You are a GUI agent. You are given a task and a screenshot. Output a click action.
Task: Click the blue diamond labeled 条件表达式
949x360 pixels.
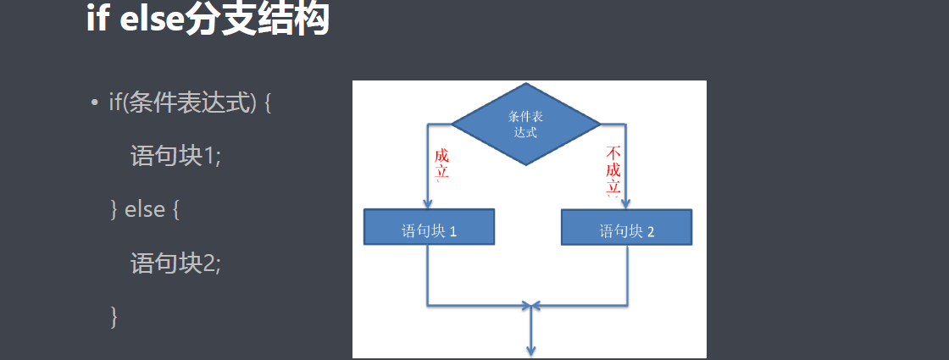(525, 124)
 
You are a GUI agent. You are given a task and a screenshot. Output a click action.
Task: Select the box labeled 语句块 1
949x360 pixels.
(429, 227)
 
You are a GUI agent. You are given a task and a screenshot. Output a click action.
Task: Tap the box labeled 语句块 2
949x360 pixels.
(627, 228)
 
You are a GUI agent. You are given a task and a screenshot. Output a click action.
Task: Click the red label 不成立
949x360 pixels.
(614, 171)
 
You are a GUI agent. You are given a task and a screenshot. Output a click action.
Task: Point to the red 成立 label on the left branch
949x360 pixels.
(441, 166)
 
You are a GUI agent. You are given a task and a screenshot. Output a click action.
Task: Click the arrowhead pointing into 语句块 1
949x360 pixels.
(428, 203)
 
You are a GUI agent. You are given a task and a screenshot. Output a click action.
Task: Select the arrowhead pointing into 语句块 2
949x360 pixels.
(627, 203)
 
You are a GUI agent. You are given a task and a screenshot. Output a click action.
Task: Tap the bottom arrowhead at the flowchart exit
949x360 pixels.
(530, 349)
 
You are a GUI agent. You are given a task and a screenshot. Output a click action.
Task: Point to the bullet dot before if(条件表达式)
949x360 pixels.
(96, 104)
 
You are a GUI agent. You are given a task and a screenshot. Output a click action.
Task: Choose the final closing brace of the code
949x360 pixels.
(114, 317)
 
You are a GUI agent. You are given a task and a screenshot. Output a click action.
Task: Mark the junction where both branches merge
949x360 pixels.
(530, 304)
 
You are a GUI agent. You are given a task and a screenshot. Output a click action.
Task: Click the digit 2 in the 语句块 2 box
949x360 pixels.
(651, 230)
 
